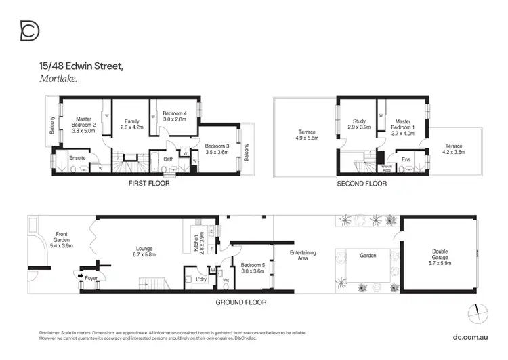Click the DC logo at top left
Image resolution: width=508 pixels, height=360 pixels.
[30, 31]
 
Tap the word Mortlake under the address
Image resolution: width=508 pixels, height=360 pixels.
[58, 79]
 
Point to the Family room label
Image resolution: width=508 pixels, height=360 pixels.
[131, 124]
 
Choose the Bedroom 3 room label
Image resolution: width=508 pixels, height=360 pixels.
[217, 149]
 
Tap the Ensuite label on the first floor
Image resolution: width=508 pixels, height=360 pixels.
[77, 158]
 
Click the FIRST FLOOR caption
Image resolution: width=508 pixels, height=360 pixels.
[148, 184]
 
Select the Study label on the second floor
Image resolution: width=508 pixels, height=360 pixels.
[358, 124]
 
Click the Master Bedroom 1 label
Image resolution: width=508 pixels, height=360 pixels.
[404, 124]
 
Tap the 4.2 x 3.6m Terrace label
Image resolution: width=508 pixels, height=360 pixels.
[454, 149]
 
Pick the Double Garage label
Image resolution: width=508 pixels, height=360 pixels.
[440, 255]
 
